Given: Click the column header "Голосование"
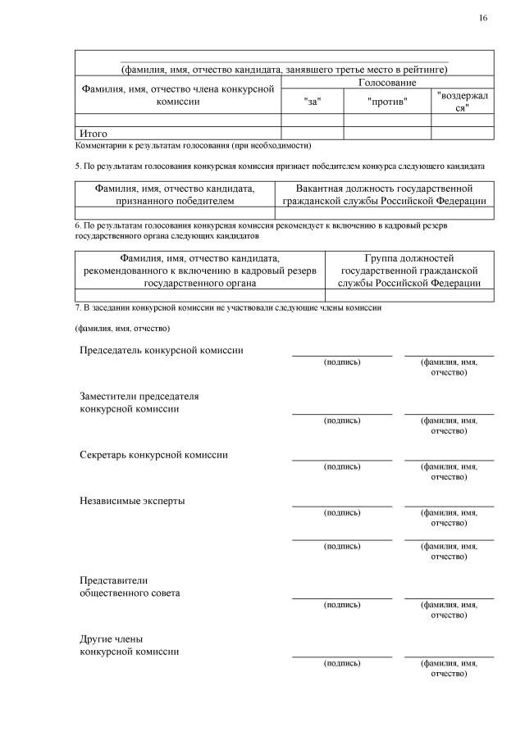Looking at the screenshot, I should pyautogui.click(x=387, y=83).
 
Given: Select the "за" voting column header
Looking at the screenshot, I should pyautogui.click(x=312, y=101).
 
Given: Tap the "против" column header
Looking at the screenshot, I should pyautogui.click(x=387, y=101).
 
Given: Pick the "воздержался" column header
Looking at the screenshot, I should pyautogui.click(x=463, y=102).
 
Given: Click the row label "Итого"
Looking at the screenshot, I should pyautogui.click(x=93, y=133).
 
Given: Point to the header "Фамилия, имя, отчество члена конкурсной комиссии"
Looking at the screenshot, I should pyautogui.click(x=177, y=95).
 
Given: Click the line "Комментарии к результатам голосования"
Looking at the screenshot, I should pyautogui.click(x=193, y=145).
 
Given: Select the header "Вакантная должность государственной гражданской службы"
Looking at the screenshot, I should pyautogui.click(x=385, y=194).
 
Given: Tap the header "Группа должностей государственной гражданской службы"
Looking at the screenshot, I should pyautogui.click(x=409, y=270).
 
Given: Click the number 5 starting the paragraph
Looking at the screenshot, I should pyautogui.click(x=77, y=166).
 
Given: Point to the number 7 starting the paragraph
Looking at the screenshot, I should pyautogui.click(x=77, y=307).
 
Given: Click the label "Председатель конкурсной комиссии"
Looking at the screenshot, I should pyautogui.click(x=161, y=350).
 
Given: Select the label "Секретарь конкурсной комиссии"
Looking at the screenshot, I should pyautogui.click(x=153, y=454).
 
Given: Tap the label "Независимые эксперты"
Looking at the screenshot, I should pyautogui.click(x=131, y=500).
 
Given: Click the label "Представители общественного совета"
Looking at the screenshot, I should pyautogui.click(x=130, y=586).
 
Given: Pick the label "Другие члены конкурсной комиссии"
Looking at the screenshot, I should pyautogui.click(x=130, y=645).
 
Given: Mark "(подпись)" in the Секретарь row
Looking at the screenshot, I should pyautogui.click(x=341, y=466).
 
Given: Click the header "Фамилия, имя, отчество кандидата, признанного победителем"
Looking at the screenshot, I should pyautogui.click(x=175, y=194).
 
